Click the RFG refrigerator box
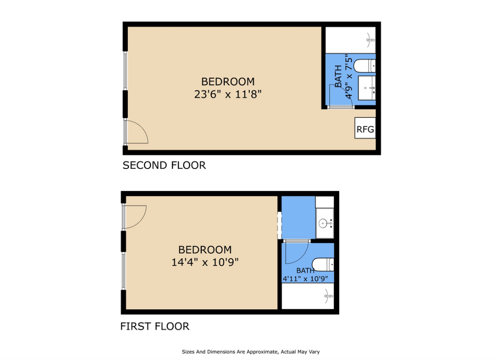pos(365,128)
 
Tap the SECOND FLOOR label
pos(164,165)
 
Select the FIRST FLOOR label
pos(155,326)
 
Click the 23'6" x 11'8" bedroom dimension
pos(228,94)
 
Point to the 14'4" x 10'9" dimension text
pos(205,262)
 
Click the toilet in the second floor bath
pos(365,66)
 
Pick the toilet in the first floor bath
pos(323,265)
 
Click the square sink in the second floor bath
pos(367,88)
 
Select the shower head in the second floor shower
pos(370,40)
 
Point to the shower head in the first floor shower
pos(329,296)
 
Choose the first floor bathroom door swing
pos(297,252)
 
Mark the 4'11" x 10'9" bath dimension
pos(305,279)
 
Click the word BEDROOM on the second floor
pos(228,82)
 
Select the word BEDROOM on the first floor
pos(205,250)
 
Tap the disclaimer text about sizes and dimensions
pos(251,352)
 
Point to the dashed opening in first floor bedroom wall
pos(280,225)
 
